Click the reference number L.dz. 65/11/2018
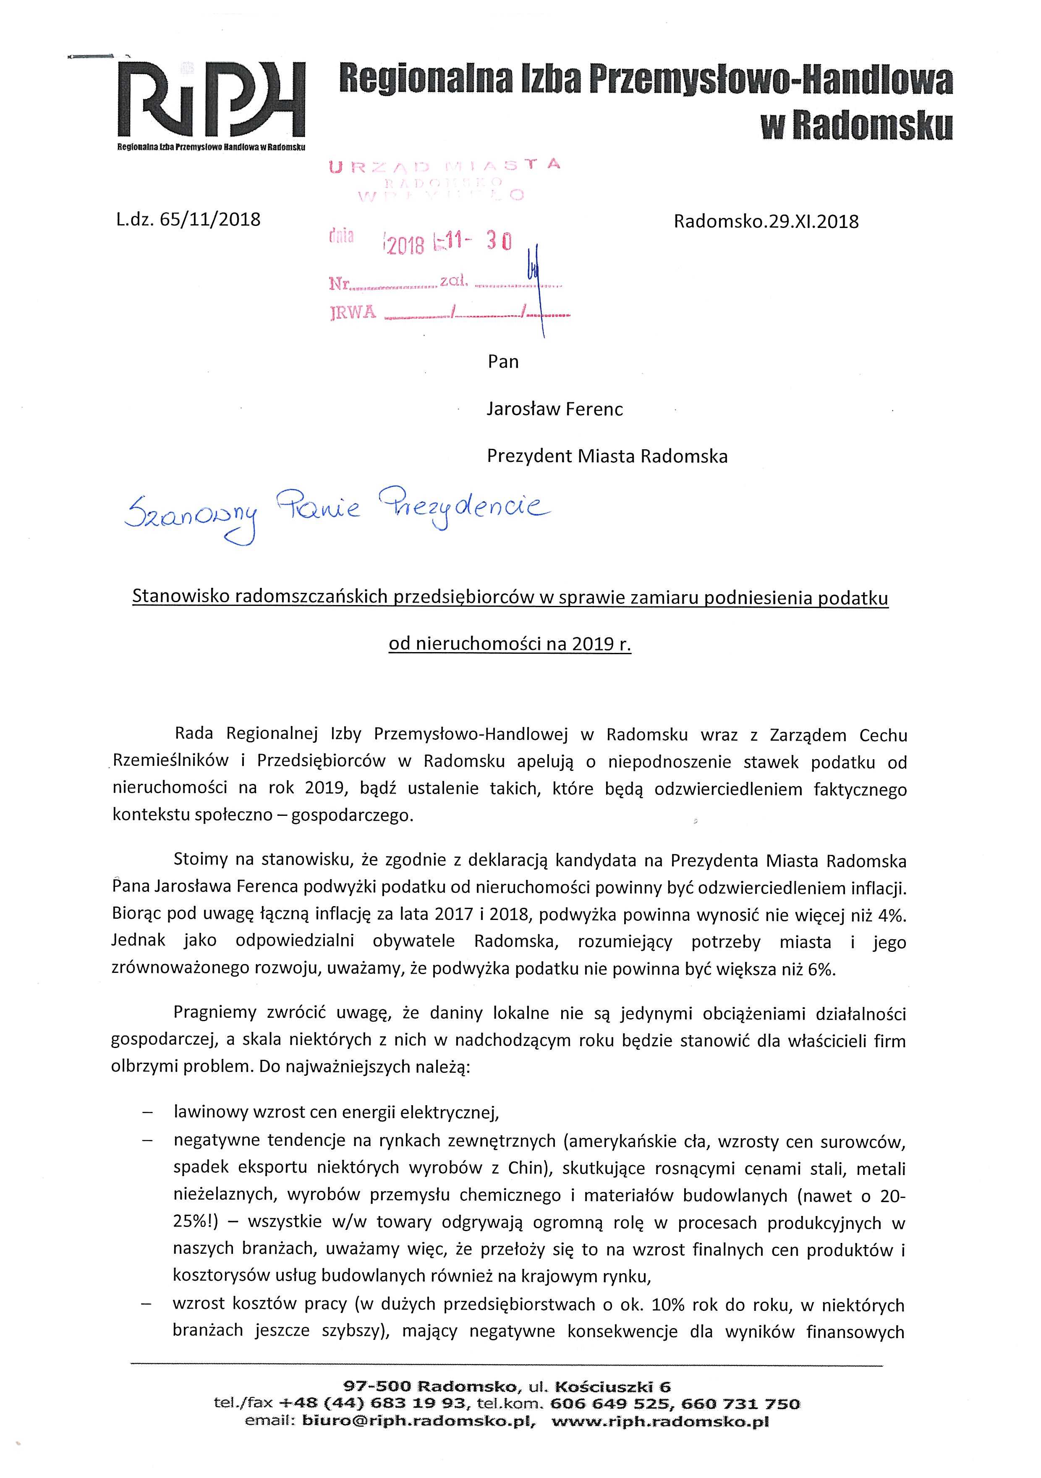[188, 220]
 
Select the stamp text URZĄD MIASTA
[444, 165]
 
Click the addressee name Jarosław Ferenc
[555, 409]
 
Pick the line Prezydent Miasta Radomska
[607, 456]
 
